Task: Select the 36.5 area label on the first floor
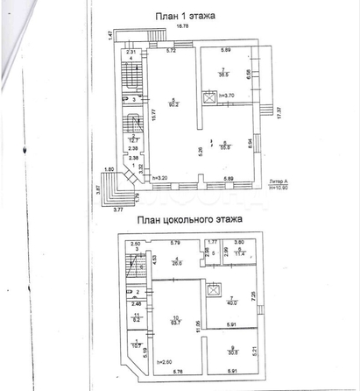(225, 75)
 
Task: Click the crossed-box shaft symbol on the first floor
(208, 98)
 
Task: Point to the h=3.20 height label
(159, 179)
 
